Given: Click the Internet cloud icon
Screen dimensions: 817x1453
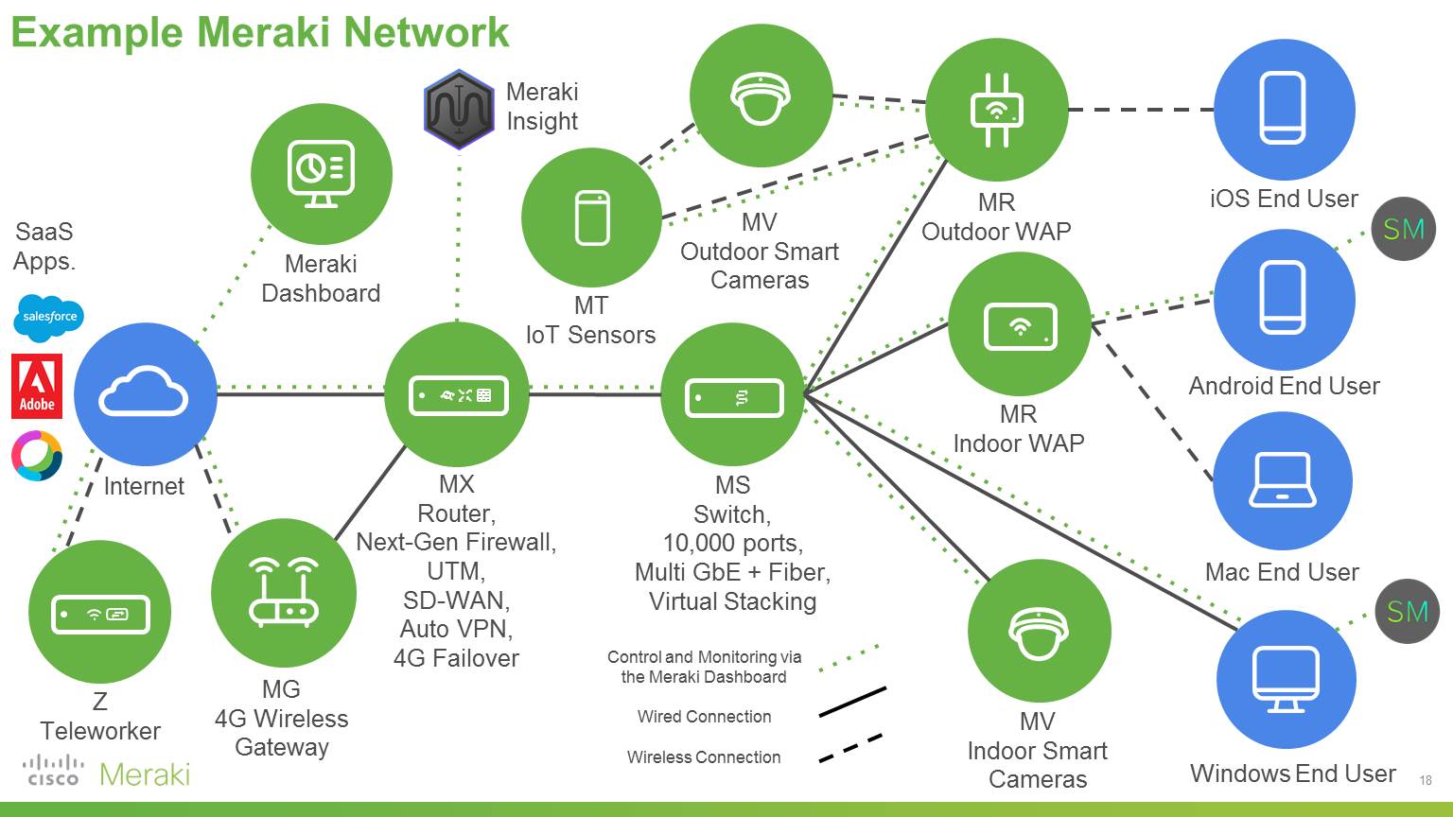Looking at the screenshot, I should tap(144, 393).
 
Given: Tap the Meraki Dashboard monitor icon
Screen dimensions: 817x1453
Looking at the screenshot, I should tap(321, 174).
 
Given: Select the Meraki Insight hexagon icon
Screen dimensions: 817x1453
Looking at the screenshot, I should tap(459, 109).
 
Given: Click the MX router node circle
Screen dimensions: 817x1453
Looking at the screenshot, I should tap(457, 394).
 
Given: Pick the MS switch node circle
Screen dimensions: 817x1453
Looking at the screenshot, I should tap(733, 396).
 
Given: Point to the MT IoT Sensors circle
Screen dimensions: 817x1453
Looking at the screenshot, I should tap(592, 217).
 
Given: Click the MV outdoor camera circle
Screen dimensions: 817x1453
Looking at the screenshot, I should tap(761, 96).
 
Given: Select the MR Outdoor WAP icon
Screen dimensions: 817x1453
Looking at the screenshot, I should tap(996, 110).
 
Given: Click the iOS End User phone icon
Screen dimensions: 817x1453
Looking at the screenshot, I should tap(1283, 109).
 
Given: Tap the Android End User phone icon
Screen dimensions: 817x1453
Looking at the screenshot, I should tap(1283, 298).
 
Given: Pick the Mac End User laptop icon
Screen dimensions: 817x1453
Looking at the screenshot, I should tap(1282, 480).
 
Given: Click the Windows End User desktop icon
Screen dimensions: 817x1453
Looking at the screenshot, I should tap(1286, 679).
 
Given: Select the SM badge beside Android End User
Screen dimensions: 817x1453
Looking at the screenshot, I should tap(1404, 229).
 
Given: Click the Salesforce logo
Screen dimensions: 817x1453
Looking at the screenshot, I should tap(49, 318).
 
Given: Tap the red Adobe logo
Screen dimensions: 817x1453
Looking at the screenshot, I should tap(37, 386).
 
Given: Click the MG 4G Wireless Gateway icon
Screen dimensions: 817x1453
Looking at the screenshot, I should tap(283, 593).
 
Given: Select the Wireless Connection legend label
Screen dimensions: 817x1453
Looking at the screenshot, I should tap(704, 757).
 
